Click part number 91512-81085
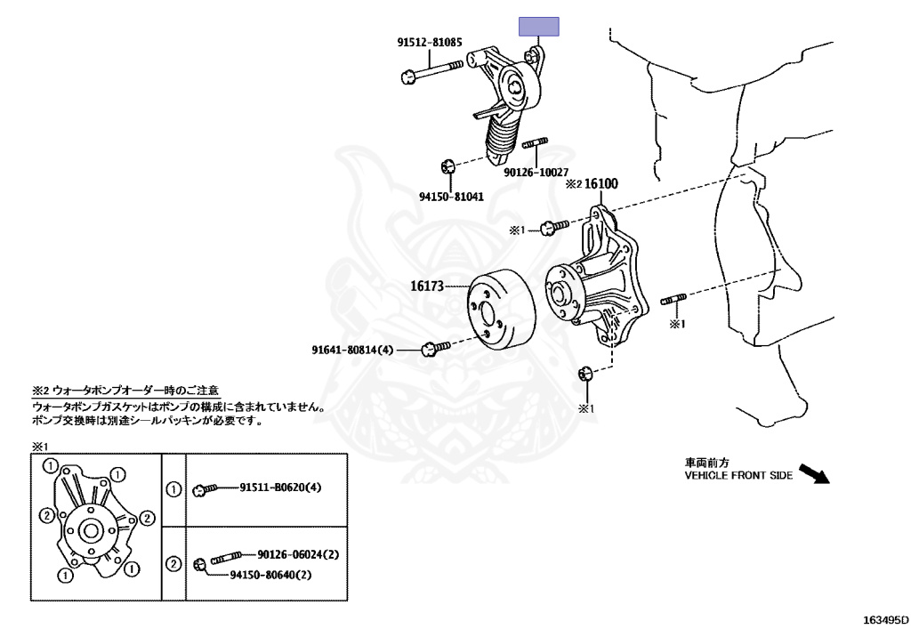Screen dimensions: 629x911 coord(430,42)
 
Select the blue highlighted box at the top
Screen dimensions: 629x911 coord(539,27)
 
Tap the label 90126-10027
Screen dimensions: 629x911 coord(536,172)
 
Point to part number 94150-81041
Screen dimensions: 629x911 coord(452,197)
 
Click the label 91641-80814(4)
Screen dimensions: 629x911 coord(352,350)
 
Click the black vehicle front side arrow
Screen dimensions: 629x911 coord(813,473)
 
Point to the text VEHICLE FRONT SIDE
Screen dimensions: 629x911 coord(738,476)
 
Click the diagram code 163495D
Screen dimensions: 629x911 coord(886,618)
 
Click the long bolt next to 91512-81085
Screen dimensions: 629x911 coord(432,71)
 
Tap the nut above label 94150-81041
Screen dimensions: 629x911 coord(449,166)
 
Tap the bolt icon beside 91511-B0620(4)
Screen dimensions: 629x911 coord(206,488)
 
